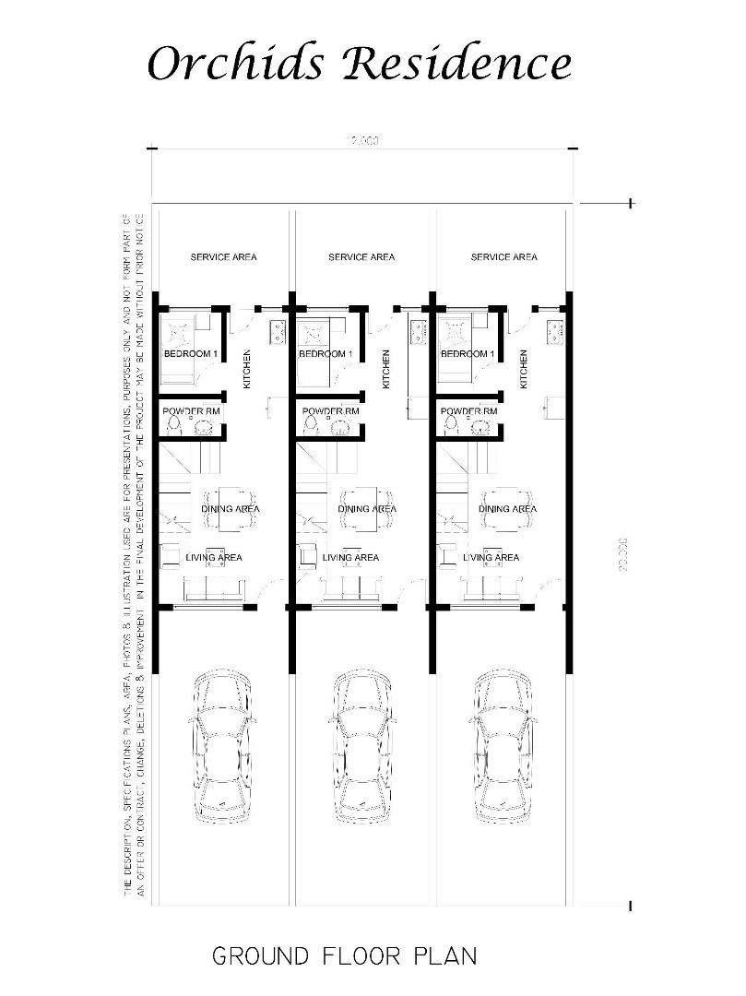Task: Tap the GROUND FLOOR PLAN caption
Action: [345, 955]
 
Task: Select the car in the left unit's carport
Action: [222, 749]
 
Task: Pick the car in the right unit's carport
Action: [504, 749]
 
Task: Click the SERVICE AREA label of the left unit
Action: [223, 257]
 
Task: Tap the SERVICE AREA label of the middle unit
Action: [361, 257]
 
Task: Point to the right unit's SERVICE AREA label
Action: [503, 257]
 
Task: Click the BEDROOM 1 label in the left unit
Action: [190, 354]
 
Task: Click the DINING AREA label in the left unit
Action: [231, 509]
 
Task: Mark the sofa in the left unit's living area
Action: [211, 588]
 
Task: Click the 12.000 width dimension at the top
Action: [362, 141]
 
